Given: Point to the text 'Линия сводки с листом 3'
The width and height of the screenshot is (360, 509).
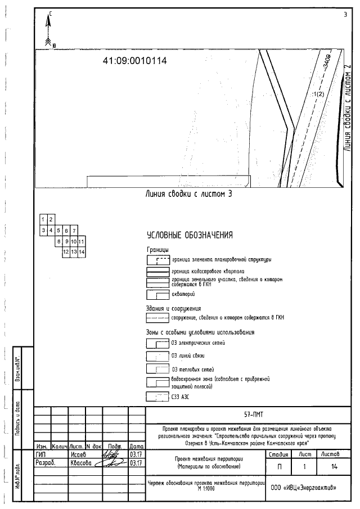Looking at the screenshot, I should (x=189, y=194).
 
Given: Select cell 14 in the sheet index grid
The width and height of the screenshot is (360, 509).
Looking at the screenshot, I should (x=81, y=252).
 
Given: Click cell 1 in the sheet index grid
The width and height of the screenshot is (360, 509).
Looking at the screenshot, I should (x=43, y=219).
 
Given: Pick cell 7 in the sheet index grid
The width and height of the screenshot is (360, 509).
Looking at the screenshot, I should (x=74, y=230).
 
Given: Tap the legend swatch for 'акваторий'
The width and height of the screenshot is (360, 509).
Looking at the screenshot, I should (x=157, y=294).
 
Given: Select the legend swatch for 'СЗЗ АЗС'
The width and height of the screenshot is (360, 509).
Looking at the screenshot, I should (x=157, y=397).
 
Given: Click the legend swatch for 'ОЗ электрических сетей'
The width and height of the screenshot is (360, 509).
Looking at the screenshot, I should (x=157, y=343).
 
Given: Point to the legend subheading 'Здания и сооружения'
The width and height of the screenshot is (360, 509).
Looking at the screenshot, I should (x=173, y=308).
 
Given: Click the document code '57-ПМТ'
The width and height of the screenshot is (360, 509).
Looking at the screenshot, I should (x=250, y=414).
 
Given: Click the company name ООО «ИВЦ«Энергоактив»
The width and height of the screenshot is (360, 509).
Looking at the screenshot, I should (x=304, y=487).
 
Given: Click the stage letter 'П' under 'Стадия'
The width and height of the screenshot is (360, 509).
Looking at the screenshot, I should (x=280, y=466).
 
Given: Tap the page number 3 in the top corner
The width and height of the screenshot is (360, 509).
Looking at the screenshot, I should (x=345, y=15).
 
